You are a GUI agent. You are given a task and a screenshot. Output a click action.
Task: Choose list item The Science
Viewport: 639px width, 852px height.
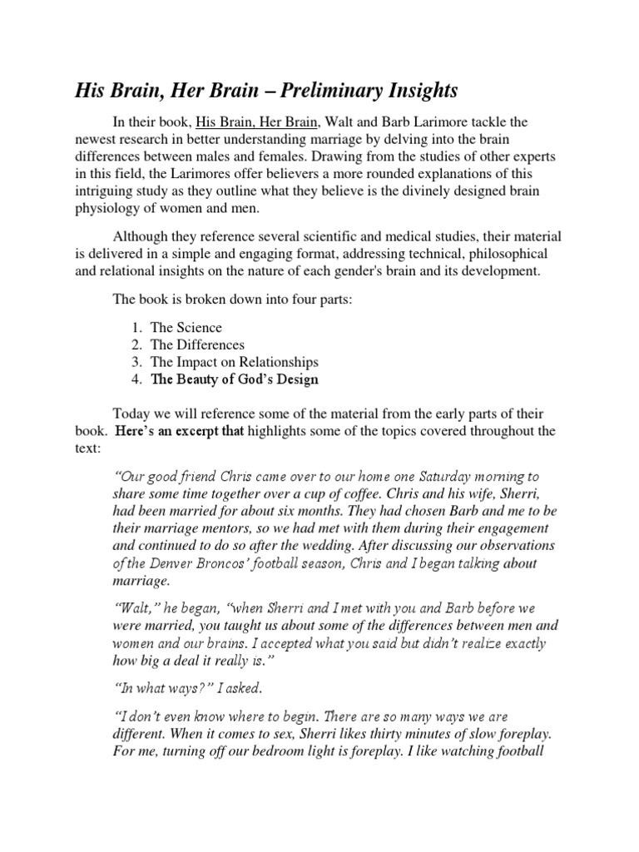point(187,328)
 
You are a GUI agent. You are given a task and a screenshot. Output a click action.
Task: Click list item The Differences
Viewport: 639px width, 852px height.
point(197,345)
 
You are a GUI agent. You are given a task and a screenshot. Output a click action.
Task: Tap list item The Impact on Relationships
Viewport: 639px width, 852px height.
point(234,363)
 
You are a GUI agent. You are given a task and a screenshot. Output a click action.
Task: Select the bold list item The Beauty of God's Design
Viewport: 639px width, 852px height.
point(234,380)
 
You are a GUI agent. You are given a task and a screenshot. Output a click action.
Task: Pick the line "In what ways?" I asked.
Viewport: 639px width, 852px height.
point(187,687)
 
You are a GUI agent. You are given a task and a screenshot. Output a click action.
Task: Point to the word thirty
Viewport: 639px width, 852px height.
point(373,736)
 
